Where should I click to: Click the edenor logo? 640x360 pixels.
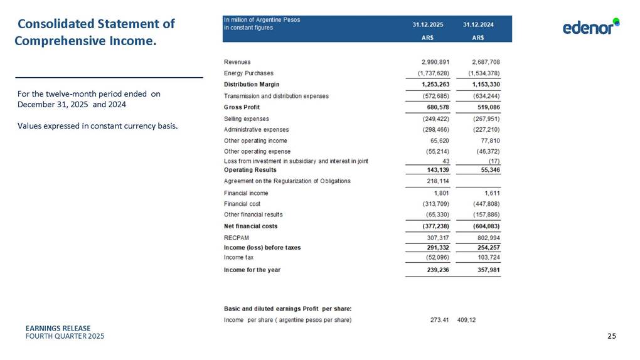click(x=590, y=28)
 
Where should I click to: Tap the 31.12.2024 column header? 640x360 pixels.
click(x=478, y=24)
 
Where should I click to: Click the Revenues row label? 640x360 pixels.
click(x=237, y=62)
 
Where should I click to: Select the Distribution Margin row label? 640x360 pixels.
click(x=252, y=85)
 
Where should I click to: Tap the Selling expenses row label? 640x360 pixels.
click(x=247, y=119)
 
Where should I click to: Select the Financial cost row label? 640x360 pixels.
click(x=242, y=204)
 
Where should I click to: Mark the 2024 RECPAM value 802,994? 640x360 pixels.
click(x=486, y=238)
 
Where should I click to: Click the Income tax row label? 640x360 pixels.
click(x=239, y=258)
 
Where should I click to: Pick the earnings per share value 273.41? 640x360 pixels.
click(x=434, y=320)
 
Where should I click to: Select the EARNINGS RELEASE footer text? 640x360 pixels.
click(x=58, y=329)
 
